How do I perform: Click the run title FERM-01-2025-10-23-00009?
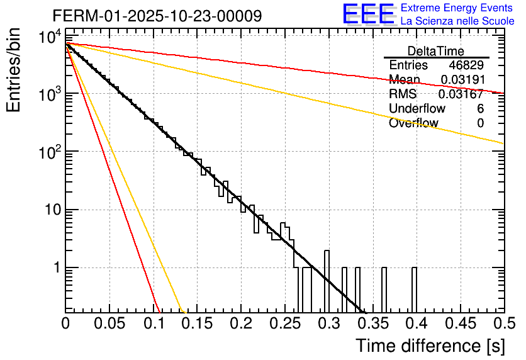(157, 16)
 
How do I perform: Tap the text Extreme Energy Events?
(457, 8)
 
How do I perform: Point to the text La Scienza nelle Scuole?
(457, 21)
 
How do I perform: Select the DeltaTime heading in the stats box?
(435, 51)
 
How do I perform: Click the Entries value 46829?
(466, 65)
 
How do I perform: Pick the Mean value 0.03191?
(462, 80)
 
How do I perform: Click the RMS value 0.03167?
(462, 94)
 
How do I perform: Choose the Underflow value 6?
(480, 109)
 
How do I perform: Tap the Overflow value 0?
(480, 123)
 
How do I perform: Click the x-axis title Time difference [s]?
(429, 346)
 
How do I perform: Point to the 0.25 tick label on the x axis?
(284, 323)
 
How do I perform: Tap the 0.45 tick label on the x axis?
(458, 323)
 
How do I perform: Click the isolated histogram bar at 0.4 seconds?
(414, 290)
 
